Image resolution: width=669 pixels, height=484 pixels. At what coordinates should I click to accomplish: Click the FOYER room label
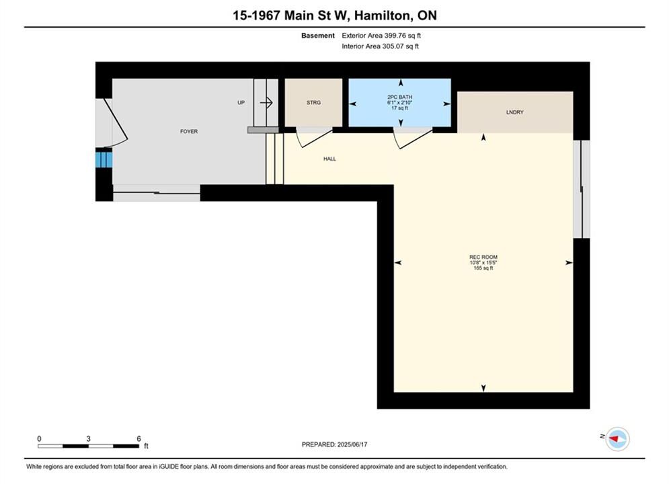click(188, 131)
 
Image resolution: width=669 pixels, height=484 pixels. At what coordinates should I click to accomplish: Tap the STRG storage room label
click(313, 103)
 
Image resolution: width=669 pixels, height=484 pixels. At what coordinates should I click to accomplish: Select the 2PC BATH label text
click(400, 97)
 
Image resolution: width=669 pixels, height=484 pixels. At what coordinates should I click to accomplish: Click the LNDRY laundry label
click(514, 112)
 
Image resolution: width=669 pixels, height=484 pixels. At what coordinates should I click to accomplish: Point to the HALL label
click(330, 159)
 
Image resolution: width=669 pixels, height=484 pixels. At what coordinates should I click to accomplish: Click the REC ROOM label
click(483, 257)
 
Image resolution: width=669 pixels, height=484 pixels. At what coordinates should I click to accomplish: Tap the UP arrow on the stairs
click(266, 102)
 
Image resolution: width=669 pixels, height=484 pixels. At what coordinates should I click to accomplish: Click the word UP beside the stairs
click(241, 103)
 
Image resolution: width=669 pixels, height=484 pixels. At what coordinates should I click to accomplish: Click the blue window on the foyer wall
click(104, 160)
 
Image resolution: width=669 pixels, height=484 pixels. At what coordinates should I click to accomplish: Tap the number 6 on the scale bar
click(139, 438)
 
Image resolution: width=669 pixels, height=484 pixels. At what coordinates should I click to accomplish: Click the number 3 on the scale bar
click(88, 438)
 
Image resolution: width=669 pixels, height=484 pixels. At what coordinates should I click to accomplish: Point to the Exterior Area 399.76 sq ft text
click(381, 36)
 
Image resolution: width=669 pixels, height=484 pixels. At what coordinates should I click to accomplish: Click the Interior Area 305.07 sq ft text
click(380, 46)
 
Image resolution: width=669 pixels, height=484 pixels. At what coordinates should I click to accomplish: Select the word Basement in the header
click(318, 36)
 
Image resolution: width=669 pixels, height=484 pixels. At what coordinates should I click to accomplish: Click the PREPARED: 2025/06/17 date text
click(335, 444)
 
